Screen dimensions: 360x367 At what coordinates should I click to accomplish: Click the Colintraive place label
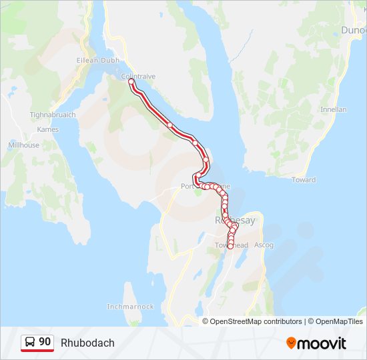(138, 76)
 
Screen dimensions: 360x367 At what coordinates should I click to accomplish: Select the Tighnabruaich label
(53, 115)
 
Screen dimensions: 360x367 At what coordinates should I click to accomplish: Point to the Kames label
(43, 129)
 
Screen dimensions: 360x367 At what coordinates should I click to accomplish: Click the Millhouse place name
(23, 145)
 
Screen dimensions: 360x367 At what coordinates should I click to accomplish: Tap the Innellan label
(333, 109)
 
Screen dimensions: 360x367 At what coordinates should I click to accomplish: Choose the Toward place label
(304, 180)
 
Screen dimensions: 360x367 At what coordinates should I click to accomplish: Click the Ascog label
(264, 245)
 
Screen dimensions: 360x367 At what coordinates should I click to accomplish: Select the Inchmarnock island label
(130, 307)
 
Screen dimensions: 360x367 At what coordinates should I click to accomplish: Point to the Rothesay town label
(235, 220)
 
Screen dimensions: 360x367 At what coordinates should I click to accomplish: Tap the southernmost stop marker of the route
(230, 247)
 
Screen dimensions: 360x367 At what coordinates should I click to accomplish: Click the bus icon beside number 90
(30, 343)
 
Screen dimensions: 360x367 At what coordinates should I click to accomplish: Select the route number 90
(45, 342)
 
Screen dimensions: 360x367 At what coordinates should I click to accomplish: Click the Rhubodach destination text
(87, 343)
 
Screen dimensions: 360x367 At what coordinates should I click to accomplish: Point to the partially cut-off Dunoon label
(354, 30)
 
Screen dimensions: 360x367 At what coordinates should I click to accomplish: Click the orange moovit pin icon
(291, 343)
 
